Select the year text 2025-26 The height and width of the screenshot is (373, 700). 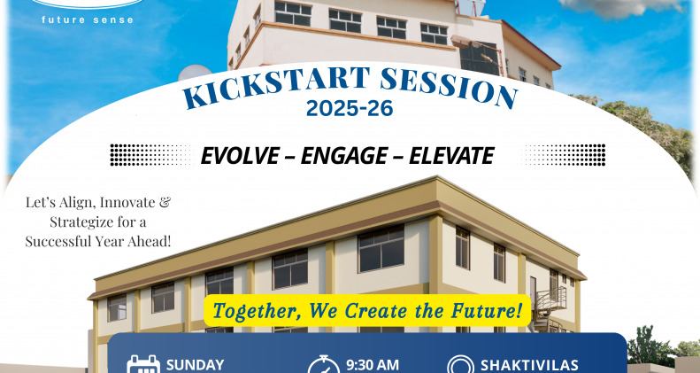click(x=350, y=108)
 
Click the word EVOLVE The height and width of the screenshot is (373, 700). click(x=240, y=155)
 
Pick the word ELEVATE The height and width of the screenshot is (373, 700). click(x=451, y=155)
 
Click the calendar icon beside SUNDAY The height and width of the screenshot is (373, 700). click(x=143, y=364)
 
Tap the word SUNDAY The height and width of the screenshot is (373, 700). click(x=195, y=365)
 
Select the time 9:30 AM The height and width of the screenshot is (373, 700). click(x=373, y=365)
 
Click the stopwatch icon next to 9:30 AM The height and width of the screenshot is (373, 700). click(x=324, y=364)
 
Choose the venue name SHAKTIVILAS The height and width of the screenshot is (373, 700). click(x=529, y=365)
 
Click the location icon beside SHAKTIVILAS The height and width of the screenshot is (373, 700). click(x=460, y=364)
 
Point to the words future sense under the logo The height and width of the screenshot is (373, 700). click(x=88, y=19)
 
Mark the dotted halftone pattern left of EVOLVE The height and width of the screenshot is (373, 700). click(x=152, y=155)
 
